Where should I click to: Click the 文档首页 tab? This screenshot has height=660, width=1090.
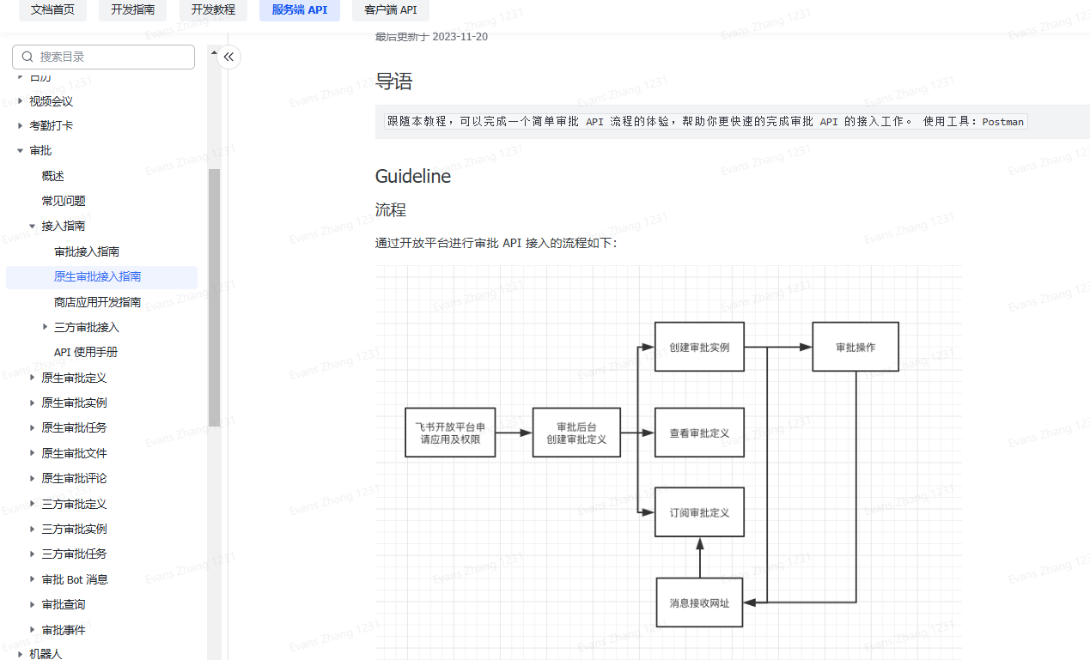pos(52,10)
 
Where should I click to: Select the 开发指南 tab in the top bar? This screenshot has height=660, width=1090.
pos(132,10)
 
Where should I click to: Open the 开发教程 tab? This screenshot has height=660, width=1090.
pos(213,10)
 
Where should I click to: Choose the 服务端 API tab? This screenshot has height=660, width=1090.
pos(299,10)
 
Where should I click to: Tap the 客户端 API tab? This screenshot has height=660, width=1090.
pos(390,10)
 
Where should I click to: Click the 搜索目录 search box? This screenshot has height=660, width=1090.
pos(104,57)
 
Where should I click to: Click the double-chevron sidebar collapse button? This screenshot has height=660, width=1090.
pos(228,58)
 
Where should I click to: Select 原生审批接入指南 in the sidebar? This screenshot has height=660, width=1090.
pos(98,276)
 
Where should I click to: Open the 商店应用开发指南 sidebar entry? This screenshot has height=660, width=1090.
pos(97,302)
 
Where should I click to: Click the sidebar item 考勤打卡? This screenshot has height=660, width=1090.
pos(52,125)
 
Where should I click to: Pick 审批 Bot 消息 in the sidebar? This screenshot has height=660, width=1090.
pos(75,579)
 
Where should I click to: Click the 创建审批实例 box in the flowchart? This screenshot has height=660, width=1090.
pos(699,347)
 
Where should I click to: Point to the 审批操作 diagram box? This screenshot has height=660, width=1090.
pos(856,347)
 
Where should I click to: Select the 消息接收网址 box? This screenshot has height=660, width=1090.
pos(699,602)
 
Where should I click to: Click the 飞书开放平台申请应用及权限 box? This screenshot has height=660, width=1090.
pos(450,433)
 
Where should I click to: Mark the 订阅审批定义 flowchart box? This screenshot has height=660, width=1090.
pos(699,512)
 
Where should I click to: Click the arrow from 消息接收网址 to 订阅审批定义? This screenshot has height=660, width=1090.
pos(700,558)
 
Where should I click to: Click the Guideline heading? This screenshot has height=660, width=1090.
pos(413,176)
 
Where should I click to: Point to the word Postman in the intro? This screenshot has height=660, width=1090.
pos(1002,122)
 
